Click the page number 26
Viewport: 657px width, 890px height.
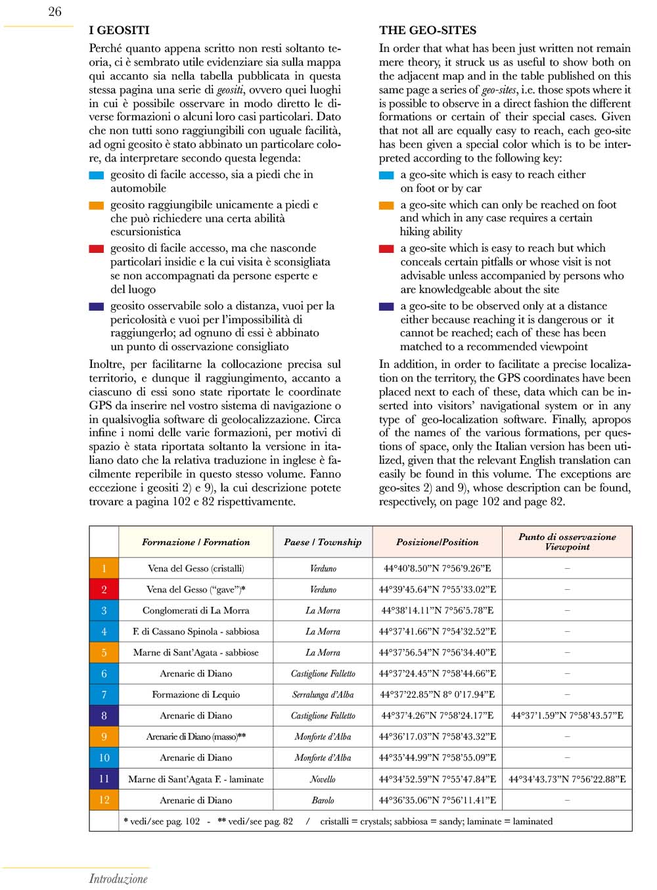55,12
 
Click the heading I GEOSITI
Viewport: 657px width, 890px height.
119,30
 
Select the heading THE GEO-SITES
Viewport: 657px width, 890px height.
428,30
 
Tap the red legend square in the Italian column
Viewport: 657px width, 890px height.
97,249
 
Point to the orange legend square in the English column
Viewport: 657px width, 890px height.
386,206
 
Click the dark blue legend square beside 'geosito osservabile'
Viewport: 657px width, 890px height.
97,307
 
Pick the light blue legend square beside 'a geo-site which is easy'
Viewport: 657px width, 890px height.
386,175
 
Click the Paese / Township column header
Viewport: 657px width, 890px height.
323,542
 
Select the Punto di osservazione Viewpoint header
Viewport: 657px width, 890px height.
567,542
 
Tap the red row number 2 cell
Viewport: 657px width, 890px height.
104,590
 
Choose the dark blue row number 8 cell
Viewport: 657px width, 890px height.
104,716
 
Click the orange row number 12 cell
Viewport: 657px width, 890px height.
104,800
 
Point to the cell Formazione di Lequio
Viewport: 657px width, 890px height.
196,695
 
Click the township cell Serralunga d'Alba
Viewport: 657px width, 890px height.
323,695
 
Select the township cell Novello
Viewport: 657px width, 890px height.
323,779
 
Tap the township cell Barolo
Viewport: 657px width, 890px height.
323,801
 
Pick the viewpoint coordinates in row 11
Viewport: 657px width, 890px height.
567,779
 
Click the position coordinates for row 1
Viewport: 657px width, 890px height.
437,569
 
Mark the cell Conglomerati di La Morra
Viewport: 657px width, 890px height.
196,611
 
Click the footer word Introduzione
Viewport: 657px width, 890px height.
118,879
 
